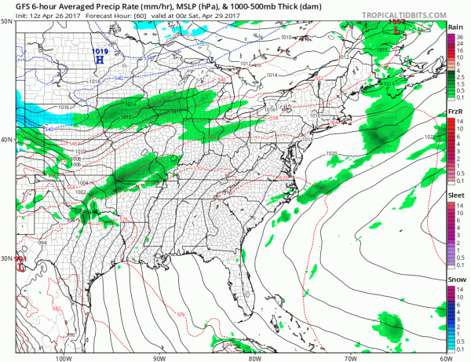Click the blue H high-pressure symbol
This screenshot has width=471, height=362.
pos(100,59)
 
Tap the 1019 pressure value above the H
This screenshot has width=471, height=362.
pos(100,51)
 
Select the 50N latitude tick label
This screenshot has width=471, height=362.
pos(6,22)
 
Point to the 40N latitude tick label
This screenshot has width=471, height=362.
pos(6,139)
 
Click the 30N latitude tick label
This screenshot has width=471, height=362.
pos(6,258)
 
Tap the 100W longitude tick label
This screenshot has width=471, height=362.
pos(66,357)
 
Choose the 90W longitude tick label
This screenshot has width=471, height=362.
pos(160,357)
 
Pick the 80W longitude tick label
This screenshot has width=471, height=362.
pos(254,357)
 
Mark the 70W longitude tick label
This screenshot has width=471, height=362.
pos(349,357)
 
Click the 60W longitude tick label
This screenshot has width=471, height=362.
pos(445,357)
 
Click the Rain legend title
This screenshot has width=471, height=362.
pos(455,27)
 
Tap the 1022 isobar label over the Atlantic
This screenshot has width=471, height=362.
pos(429,137)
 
